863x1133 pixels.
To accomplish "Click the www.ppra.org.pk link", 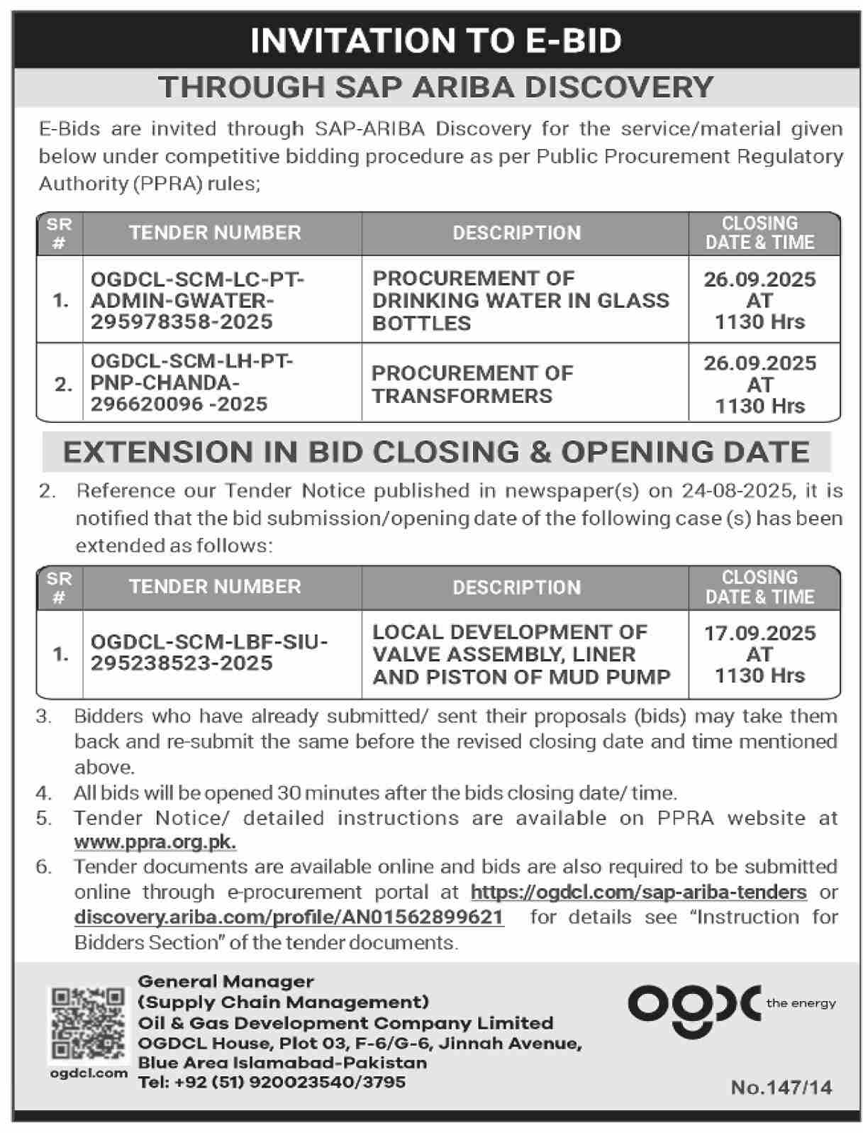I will [155, 842].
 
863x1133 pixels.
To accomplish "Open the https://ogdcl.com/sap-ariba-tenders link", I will [638, 892].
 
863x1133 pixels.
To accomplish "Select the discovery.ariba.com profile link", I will [289, 917].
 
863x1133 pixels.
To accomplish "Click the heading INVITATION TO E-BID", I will [435, 40].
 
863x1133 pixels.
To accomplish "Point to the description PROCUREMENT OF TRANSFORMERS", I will [472, 384].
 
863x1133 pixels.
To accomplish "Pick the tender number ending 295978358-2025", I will [182, 322].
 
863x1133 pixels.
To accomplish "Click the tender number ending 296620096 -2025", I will [179, 404].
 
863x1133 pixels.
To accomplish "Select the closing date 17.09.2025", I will [759, 633].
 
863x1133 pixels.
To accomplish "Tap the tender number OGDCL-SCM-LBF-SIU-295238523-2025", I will [208, 653].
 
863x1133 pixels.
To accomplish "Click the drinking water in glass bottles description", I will [520, 301].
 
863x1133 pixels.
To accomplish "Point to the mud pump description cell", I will [520, 654].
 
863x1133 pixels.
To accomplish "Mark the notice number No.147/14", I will [781, 1088].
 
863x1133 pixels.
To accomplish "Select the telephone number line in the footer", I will [272, 1082].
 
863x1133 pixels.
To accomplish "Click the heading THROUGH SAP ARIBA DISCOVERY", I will [435, 87].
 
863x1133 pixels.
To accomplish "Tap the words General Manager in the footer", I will [226, 982].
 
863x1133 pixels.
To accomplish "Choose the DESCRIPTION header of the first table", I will [516, 233].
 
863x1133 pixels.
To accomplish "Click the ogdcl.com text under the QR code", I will [89, 1073].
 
